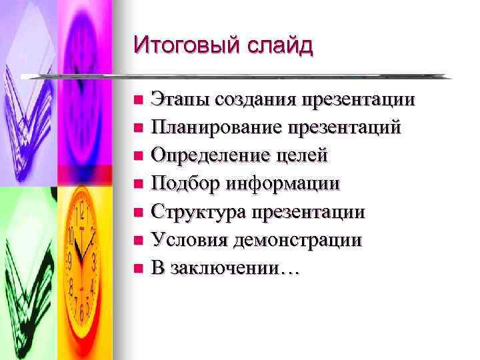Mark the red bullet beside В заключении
click(138, 269)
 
